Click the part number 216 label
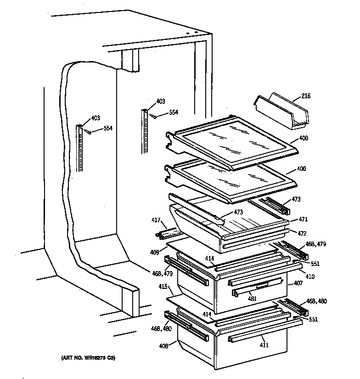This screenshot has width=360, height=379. [x=306, y=96]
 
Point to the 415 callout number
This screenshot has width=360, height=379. [x=163, y=287]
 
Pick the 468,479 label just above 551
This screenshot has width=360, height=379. [x=315, y=244]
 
